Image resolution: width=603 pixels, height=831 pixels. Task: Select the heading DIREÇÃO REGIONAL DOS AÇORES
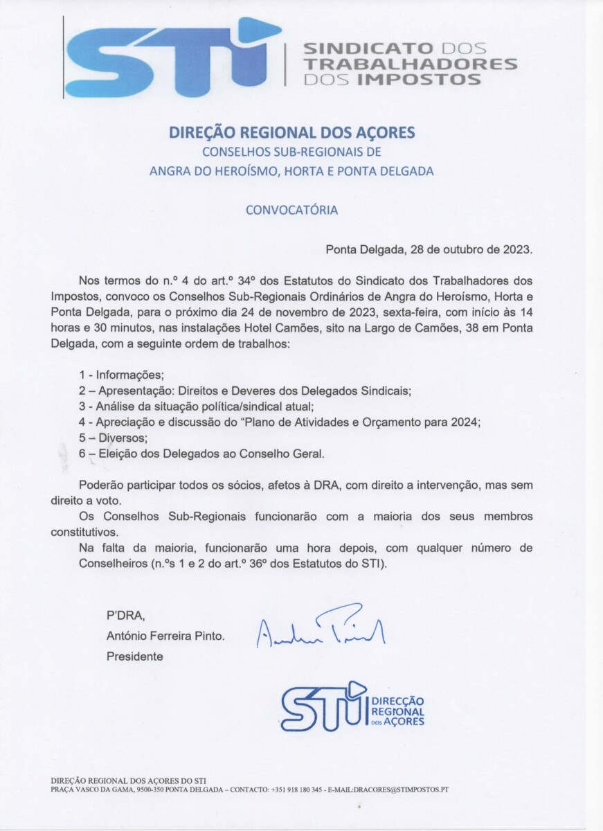point(291,132)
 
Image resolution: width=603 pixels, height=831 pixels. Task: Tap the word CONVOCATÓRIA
point(292,209)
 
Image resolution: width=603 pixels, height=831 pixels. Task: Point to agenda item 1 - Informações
point(121,375)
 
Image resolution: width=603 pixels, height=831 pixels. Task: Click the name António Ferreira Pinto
point(165,636)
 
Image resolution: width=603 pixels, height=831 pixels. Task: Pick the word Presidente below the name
point(135,656)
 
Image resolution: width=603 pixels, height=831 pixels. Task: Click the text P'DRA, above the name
point(125,616)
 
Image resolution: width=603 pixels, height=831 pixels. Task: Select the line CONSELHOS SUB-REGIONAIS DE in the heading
point(291,152)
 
